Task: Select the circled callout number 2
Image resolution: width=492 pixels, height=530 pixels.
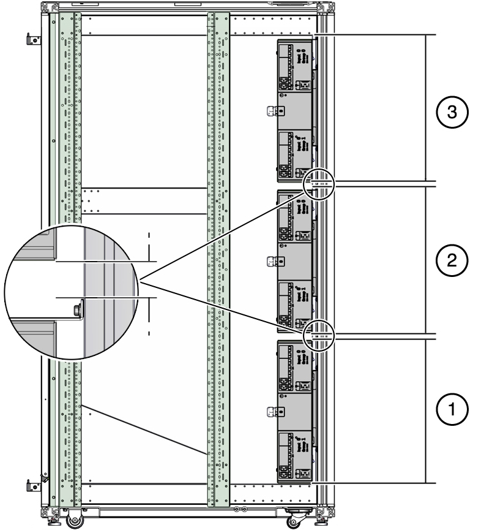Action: click(x=452, y=260)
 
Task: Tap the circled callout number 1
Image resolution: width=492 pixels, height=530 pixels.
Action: click(x=452, y=408)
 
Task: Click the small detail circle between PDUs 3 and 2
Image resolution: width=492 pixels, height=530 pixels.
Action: click(x=319, y=183)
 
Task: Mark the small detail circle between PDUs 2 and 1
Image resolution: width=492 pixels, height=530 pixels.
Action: click(x=319, y=334)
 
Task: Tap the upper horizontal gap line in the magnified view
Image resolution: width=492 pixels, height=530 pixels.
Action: click(x=104, y=262)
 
